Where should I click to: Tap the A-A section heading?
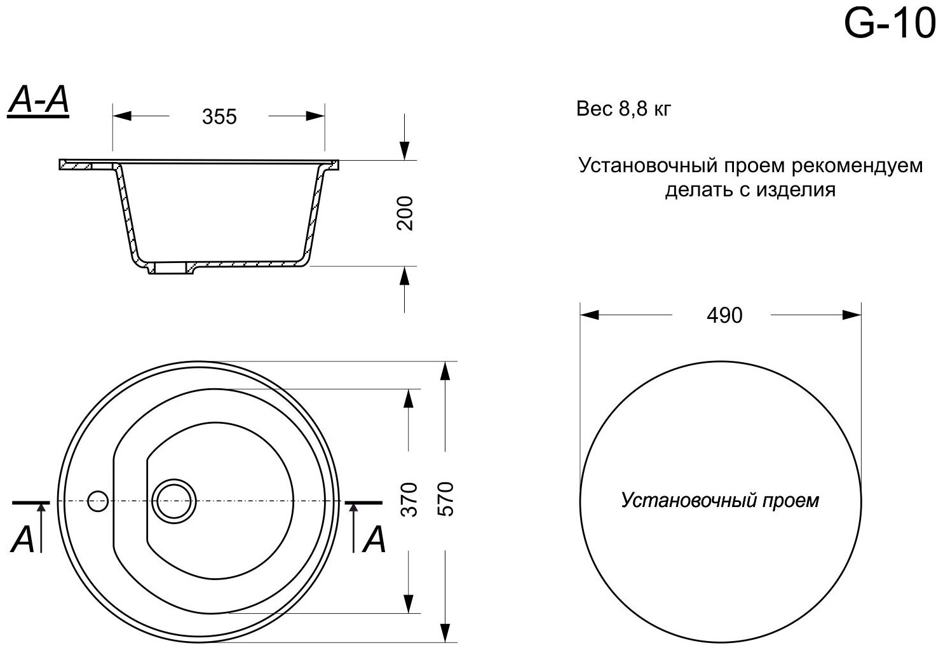tap(38, 102)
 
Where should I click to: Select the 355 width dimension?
tap(219, 117)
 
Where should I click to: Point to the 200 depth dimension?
tap(405, 213)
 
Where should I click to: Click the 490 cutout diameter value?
tap(724, 315)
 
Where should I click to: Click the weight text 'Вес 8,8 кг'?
tap(623, 109)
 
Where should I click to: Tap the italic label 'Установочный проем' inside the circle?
tap(719, 501)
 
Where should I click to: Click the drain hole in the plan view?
tap(174, 499)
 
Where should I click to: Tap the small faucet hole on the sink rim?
tap(98, 501)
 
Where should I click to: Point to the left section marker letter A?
tap(23, 541)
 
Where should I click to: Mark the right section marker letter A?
tap(374, 541)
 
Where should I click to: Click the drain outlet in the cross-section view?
tap(170, 269)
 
